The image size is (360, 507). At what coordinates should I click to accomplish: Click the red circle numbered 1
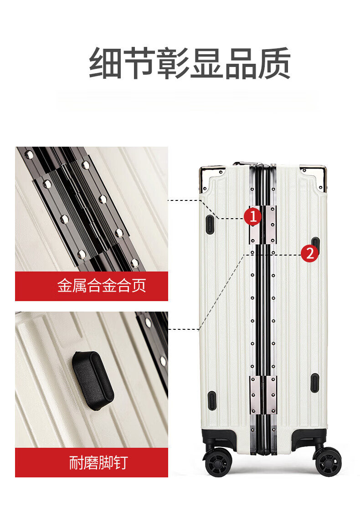point(252,216)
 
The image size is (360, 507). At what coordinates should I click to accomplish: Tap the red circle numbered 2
point(310,253)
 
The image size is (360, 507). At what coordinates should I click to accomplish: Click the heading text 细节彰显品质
point(190,63)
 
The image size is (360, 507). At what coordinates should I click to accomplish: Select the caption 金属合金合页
point(102,286)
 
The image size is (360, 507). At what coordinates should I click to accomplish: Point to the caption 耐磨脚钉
point(98,462)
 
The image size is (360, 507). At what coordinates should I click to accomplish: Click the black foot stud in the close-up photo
point(93,380)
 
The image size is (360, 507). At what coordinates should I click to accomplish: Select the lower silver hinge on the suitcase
point(263,395)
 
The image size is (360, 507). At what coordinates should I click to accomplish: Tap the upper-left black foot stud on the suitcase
point(210,224)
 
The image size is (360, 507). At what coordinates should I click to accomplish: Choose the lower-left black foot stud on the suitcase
point(211,400)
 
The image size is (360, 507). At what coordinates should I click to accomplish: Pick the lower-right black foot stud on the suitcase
point(315,383)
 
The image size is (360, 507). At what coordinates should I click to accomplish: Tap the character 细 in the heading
point(105,63)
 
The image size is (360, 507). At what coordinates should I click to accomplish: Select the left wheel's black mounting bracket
point(218,439)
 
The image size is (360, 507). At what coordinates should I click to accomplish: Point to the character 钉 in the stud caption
point(121,462)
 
